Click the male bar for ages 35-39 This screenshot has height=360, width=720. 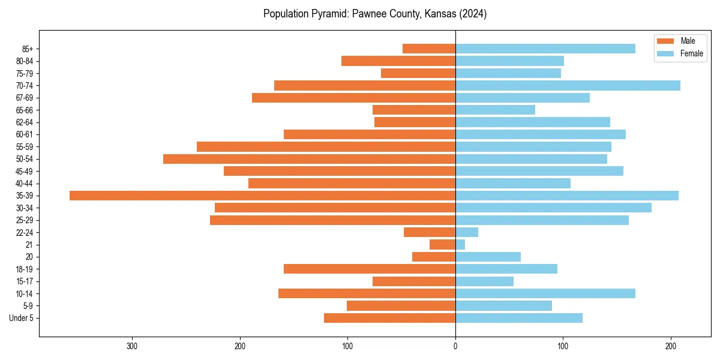click(x=262, y=196)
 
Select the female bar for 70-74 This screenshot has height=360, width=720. click(x=568, y=85)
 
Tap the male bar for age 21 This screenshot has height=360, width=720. click(x=443, y=245)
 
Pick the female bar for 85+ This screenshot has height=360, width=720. click(x=545, y=49)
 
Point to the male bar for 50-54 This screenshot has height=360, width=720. click(x=309, y=159)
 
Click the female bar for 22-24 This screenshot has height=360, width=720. click(x=467, y=232)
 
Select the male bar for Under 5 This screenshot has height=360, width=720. click(x=389, y=318)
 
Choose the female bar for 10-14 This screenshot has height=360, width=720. click(x=545, y=293)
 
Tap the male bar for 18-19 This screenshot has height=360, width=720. click(x=370, y=269)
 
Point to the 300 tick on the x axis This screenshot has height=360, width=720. click(x=132, y=346)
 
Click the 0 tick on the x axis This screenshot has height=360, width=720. click(x=455, y=346)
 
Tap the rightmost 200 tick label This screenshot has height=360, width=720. click(x=671, y=346)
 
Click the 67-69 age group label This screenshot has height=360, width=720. click(x=25, y=98)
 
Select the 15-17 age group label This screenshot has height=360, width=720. click(x=25, y=281)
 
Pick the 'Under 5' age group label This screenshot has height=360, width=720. click(x=21, y=318)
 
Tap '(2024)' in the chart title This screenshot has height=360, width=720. click(x=473, y=14)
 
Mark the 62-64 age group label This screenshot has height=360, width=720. click(x=25, y=122)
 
